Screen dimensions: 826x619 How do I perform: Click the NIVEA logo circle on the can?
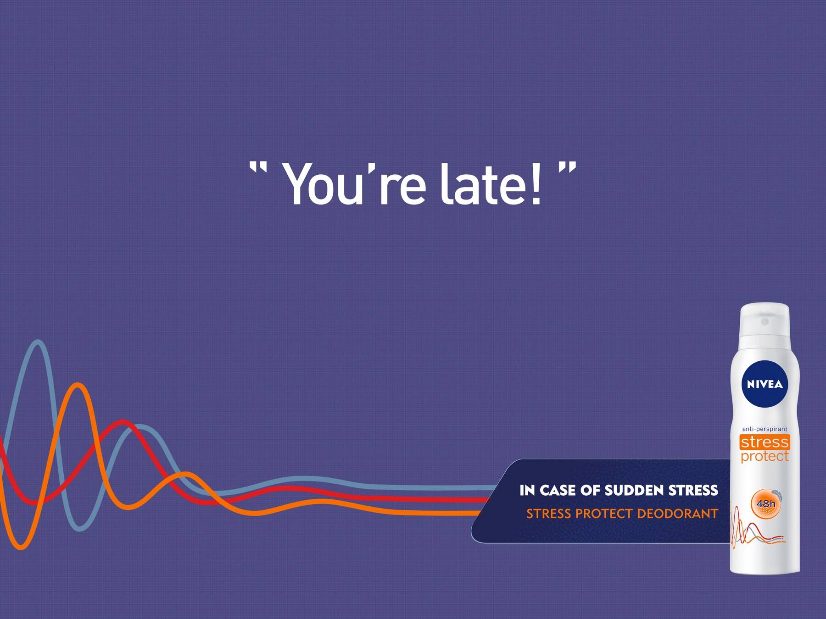tap(765, 384)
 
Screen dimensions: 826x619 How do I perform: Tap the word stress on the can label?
tap(765, 442)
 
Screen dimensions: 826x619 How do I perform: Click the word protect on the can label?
tap(765, 456)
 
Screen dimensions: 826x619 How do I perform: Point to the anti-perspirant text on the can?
tap(765, 429)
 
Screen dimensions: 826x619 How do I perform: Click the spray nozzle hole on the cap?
tap(765, 321)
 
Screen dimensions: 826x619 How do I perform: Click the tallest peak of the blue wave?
tap(38, 342)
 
